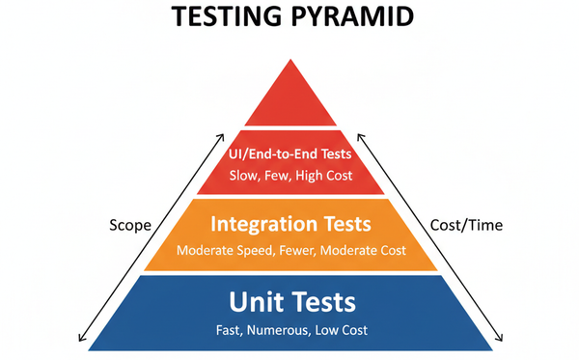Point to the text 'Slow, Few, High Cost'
[x=290, y=177]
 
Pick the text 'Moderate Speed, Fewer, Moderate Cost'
[x=290, y=250]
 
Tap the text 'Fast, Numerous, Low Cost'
[x=290, y=331]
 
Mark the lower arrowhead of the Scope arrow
[x=80, y=340]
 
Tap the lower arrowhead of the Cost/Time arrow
[x=500, y=340]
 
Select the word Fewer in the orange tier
[x=297, y=250]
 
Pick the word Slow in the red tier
[x=242, y=177]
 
